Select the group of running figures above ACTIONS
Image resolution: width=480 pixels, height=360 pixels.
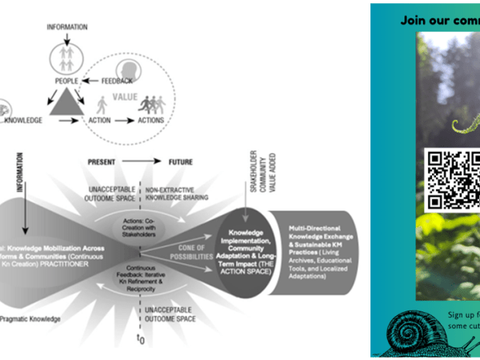[x=150, y=105]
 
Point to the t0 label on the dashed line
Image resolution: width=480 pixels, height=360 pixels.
[x=142, y=341]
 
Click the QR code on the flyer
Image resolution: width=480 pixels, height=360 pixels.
[x=452, y=177]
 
